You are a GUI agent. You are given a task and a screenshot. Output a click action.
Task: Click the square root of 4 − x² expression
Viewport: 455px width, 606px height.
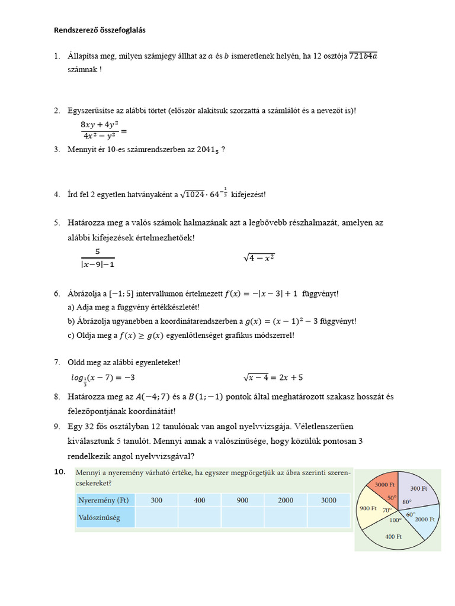[259, 258]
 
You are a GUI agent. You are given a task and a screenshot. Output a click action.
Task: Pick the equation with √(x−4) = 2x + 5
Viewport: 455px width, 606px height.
[273, 377]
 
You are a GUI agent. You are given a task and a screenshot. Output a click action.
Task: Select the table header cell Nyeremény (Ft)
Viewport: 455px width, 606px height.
[104, 500]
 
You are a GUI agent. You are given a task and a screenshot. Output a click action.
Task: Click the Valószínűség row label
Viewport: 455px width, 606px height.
[100, 518]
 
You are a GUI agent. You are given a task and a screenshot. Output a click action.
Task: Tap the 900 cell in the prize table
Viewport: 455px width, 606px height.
[242, 500]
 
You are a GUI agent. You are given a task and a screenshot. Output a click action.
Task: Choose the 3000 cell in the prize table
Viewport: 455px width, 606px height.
[328, 500]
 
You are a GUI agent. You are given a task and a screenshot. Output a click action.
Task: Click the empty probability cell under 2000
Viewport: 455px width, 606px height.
[285, 518]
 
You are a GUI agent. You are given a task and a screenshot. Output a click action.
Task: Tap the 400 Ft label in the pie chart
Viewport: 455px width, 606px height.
[393, 536]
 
